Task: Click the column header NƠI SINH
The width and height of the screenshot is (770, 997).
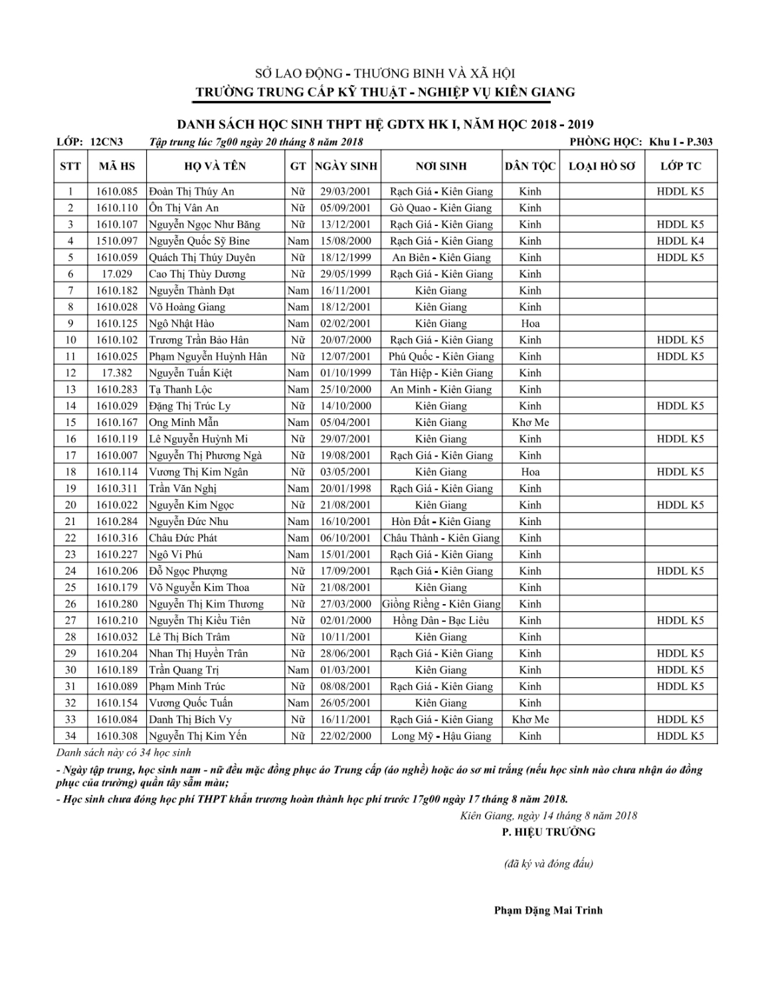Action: click(x=441, y=166)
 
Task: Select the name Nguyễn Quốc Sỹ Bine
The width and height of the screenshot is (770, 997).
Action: click(x=199, y=241)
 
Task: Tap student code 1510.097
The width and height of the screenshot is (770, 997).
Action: click(x=117, y=241)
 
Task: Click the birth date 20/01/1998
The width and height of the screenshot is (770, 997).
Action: click(x=345, y=489)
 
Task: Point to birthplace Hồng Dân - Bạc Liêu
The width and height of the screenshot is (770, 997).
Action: click(x=441, y=621)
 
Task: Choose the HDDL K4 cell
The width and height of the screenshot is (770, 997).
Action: click(x=680, y=241)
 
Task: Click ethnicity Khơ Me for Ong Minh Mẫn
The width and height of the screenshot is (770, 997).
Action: click(x=530, y=423)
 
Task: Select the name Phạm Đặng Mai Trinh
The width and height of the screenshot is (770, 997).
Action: click(x=548, y=911)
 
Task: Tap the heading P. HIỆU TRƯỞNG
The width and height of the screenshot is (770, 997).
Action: click(x=549, y=832)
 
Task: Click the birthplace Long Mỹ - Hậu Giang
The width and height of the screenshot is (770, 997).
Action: click(x=441, y=736)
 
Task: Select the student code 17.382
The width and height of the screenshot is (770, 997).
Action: click(x=117, y=374)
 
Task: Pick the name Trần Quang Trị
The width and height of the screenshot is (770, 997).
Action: click(x=184, y=670)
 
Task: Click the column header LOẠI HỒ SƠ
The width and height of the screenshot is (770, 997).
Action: click(x=602, y=166)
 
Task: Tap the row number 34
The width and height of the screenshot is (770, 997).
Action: click(x=70, y=736)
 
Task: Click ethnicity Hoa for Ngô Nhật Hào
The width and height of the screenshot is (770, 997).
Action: click(x=530, y=324)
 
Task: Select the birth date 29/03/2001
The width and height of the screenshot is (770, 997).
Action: click(x=345, y=191)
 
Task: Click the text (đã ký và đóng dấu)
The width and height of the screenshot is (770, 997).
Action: click(x=549, y=864)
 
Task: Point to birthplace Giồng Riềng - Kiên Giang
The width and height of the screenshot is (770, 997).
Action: click(x=441, y=604)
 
